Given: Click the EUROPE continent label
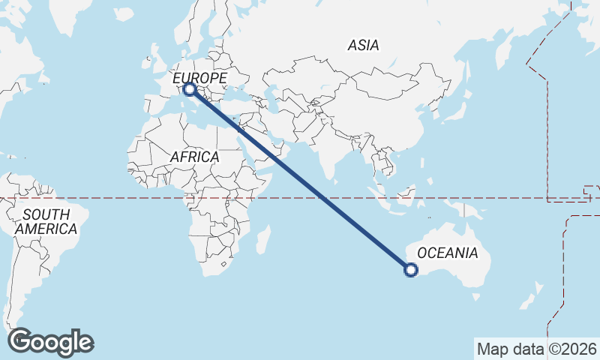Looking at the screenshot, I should (199, 78).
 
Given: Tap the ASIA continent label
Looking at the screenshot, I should (363, 45).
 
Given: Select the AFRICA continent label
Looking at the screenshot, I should (194, 157).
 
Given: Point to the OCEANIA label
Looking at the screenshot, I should (447, 253).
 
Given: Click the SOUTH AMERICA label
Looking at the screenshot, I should (46, 222).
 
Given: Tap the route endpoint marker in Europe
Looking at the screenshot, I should (190, 89).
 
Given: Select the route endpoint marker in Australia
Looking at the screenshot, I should (410, 270).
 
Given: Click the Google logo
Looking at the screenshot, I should (50, 342).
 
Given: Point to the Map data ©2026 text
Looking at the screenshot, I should (537, 349).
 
